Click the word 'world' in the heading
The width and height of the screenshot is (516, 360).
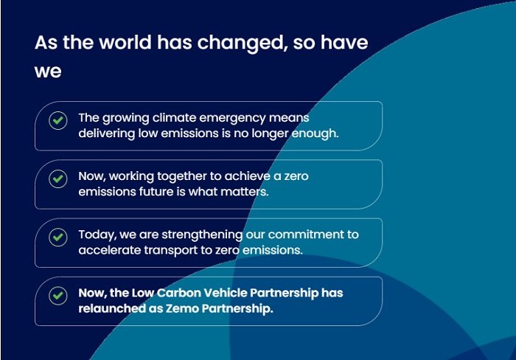tap(125, 43)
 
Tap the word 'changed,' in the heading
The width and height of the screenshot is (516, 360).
tap(243, 44)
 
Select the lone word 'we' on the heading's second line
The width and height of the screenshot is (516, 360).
tap(48, 72)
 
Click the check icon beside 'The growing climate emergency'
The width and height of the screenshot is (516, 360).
tap(58, 120)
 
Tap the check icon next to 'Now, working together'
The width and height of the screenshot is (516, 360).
tap(58, 179)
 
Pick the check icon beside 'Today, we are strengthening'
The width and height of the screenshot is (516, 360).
tap(58, 237)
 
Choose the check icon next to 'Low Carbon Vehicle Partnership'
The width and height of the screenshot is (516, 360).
tap(58, 295)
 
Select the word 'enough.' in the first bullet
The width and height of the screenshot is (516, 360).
tap(315, 134)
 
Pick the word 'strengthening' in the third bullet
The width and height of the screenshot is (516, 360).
tap(202, 235)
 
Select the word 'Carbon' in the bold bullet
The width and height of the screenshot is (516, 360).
tap(178, 293)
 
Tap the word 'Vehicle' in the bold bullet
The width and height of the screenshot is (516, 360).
tap(225, 293)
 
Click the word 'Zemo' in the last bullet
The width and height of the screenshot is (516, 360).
tap(182, 308)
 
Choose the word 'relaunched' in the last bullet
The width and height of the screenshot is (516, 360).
tap(112, 308)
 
